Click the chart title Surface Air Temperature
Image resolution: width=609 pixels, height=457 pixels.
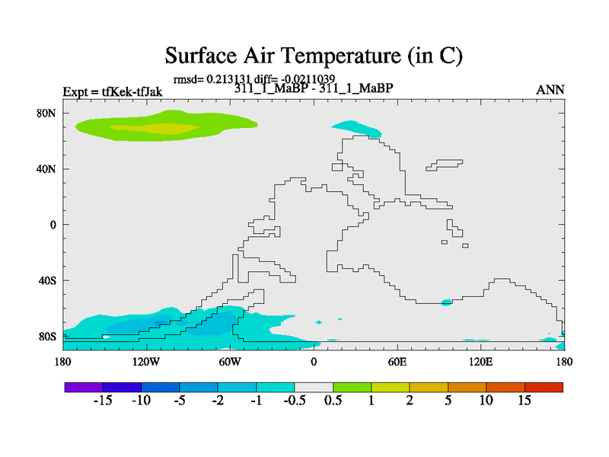(314, 56)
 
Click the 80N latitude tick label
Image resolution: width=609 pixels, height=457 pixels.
(46, 113)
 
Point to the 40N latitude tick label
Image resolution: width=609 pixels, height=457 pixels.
(46, 169)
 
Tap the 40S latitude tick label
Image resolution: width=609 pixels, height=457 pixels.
(47, 280)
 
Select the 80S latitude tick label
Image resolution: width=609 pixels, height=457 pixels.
(47, 337)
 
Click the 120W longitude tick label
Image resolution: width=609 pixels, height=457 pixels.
(146, 363)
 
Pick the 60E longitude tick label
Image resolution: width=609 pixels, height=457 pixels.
(397, 363)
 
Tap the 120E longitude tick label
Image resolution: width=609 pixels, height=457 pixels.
(480, 363)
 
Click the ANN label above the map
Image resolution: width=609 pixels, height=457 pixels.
(550, 90)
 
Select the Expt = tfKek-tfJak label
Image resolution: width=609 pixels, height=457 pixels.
(113, 92)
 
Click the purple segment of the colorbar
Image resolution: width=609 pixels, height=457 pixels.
(84, 387)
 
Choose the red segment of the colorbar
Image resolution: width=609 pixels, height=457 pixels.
(544, 387)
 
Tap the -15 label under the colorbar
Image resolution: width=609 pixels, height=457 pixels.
(103, 401)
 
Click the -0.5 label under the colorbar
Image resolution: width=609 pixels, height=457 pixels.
(295, 401)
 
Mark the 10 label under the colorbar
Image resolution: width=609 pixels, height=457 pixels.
(486, 401)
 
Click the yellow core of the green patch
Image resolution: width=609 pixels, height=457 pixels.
(155, 128)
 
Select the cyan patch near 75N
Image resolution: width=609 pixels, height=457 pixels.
(357, 129)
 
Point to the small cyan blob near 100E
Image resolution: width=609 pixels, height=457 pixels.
(447, 302)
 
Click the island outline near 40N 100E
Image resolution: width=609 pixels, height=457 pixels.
(445, 165)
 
